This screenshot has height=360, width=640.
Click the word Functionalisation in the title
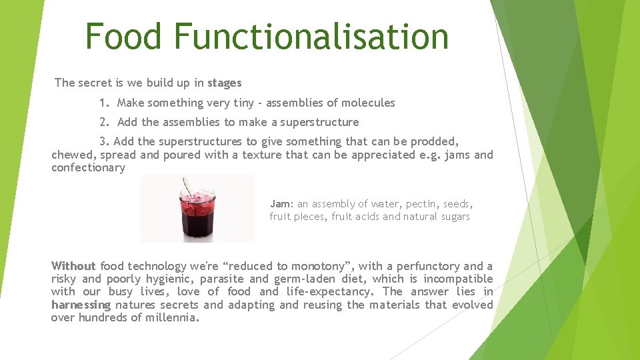click(x=311, y=37)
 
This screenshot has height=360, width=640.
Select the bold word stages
click(x=224, y=83)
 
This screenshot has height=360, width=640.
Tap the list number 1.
click(x=103, y=103)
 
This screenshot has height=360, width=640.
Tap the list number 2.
click(x=103, y=123)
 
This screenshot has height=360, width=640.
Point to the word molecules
click(x=368, y=103)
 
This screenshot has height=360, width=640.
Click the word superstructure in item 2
click(x=319, y=123)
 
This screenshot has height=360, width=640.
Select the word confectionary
click(x=88, y=167)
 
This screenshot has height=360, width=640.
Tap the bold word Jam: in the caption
click(x=281, y=204)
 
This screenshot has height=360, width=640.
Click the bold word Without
click(x=73, y=266)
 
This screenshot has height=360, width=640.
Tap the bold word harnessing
click(x=81, y=305)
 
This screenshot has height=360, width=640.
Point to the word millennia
click(x=175, y=317)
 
